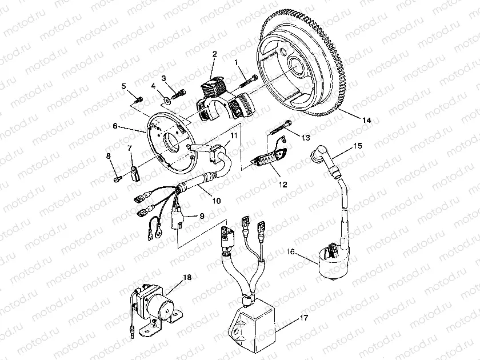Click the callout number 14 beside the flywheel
click(366, 120)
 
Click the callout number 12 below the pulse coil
click(267, 185)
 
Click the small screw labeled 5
click(138, 100)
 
